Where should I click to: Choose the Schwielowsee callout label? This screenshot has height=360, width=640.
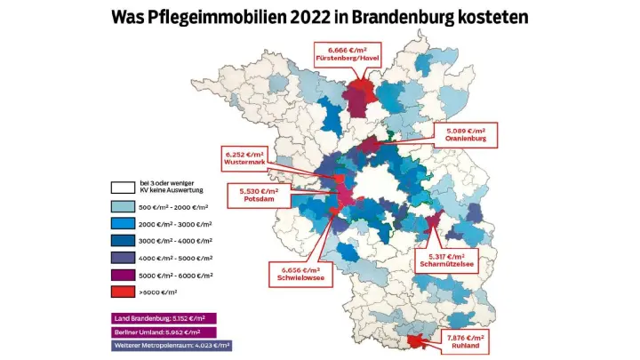[299, 274]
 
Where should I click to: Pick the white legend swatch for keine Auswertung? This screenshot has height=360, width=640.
[122, 188]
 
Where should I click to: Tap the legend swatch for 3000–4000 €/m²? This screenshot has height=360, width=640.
[122, 240]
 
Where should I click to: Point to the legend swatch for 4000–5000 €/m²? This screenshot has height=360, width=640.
[122, 257]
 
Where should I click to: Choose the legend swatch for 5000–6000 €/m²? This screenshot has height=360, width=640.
[122, 275]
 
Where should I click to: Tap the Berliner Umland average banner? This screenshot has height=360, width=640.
[164, 332]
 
